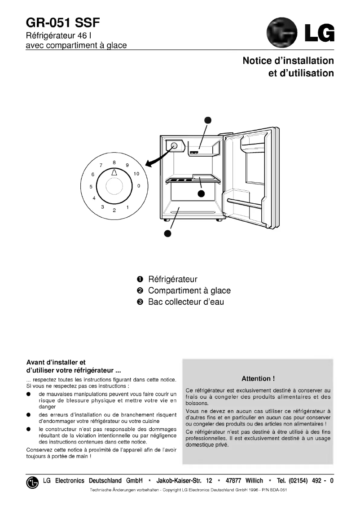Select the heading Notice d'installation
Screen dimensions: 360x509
tap(288, 61)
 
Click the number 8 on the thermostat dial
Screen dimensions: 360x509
tap(114, 162)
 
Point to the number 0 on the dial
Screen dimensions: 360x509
tap(139, 185)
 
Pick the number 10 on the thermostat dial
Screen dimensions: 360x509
tap(136, 174)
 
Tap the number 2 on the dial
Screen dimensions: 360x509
tap(114, 210)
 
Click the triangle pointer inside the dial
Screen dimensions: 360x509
tap(114, 172)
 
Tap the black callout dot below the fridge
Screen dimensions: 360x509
tap(167, 233)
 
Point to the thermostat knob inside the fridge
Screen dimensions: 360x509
tap(174, 145)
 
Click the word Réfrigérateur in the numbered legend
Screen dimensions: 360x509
tap(173, 279)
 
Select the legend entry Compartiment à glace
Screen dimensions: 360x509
tap(189, 290)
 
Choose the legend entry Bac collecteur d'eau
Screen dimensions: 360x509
tap(186, 302)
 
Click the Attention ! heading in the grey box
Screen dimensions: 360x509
tap(258, 378)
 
